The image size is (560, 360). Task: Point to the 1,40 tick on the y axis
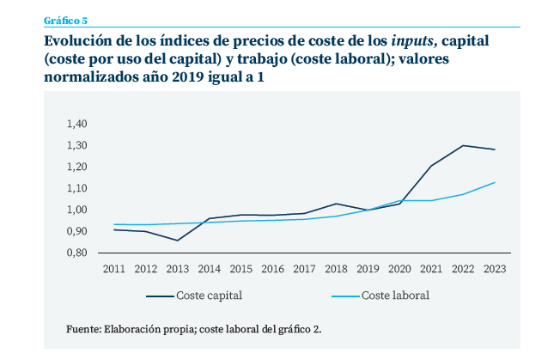76,124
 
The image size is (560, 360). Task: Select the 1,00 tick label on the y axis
76,210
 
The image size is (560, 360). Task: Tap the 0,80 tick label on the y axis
76,253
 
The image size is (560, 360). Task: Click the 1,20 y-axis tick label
76,167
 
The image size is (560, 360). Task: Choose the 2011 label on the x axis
113,268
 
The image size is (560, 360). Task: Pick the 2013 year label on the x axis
178,268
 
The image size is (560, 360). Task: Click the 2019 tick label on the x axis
368,268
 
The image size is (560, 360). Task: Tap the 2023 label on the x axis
495,268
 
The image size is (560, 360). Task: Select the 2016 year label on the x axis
273,268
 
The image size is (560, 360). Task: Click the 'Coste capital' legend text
209,296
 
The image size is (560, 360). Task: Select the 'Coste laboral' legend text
395,296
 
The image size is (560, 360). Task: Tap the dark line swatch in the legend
160,296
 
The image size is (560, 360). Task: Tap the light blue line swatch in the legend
345,296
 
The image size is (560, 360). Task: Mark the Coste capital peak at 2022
463,145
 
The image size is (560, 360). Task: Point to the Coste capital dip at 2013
178,240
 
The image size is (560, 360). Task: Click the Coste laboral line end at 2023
495,182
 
